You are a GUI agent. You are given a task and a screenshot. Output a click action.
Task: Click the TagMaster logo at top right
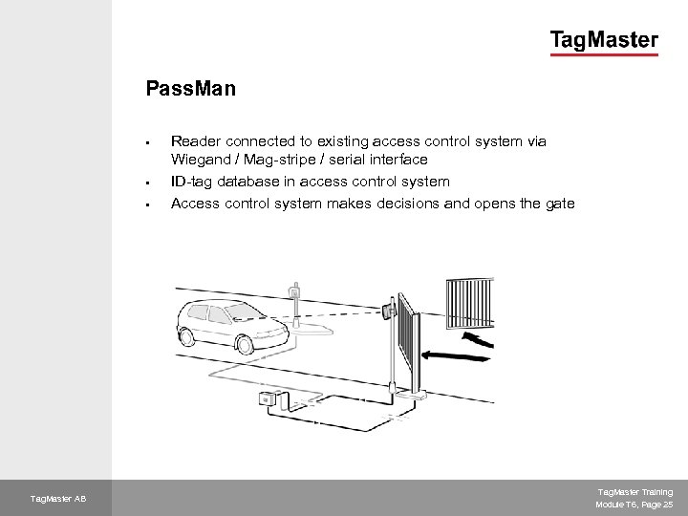(603, 41)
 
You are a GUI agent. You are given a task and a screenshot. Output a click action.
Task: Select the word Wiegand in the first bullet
(199, 160)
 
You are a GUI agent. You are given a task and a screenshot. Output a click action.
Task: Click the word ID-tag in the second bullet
(191, 181)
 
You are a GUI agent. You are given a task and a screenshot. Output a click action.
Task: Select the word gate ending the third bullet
(559, 202)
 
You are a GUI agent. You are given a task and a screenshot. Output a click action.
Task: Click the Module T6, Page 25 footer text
(634, 504)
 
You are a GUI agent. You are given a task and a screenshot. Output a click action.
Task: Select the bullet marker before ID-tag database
(149, 181)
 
